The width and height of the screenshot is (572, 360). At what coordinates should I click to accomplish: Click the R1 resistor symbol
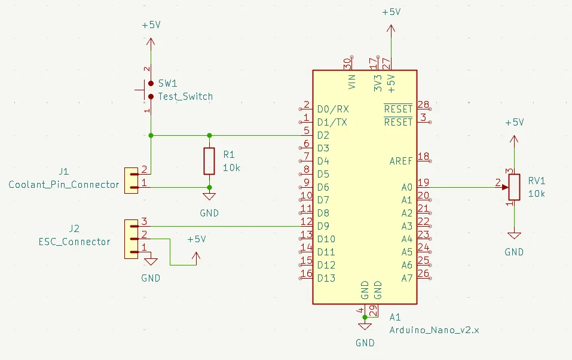click(x=209, y=160)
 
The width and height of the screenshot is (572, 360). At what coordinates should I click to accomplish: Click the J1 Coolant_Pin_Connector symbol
click(x=131, y=181)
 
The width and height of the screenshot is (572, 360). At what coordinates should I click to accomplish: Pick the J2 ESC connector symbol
click(x=131, y=239)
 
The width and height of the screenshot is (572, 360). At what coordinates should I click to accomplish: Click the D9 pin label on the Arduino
click(x=323, y=226)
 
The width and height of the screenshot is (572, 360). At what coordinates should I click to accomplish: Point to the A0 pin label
click(x=406, y=187)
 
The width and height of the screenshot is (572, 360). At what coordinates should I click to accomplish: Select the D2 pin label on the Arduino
click(x=323, y=135)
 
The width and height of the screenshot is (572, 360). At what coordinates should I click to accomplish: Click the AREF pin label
click(x=400, y=161)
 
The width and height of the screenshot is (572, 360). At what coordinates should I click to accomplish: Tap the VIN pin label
click(x=352, y=82)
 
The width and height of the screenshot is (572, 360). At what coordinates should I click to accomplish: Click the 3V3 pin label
click(x=378, y=83)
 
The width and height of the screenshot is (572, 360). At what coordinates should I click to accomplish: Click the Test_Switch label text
click(x=185, y=96)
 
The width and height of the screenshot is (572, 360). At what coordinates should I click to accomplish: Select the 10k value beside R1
click(x=231, y=168)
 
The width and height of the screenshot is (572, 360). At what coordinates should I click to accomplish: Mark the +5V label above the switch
click(x=151, y=26)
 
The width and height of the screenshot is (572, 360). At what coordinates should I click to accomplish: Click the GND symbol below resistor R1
click(x=209, y=196)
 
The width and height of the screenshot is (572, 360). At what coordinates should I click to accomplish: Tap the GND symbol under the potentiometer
click(x=514, y=236)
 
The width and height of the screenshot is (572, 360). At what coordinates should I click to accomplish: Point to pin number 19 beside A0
click(x=424, y=183)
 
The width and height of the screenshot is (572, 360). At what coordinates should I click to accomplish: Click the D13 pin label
click(x=326, y=278)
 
